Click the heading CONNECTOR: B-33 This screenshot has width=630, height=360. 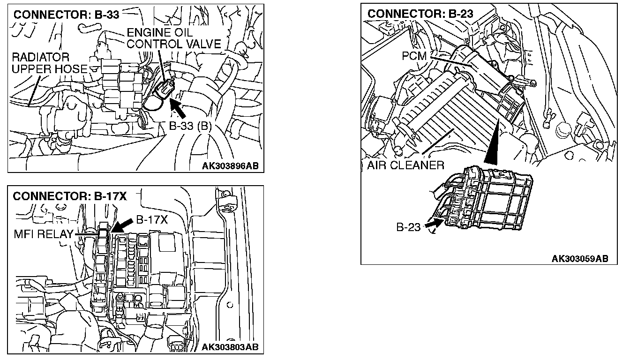66,14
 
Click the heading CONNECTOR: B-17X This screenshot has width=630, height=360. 70,196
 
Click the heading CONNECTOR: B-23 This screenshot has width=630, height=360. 420,14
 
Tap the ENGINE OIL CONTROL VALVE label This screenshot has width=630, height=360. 173,38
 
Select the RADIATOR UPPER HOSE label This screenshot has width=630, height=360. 49,63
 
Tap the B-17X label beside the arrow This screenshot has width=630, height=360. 152,220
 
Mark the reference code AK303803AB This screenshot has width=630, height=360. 230,347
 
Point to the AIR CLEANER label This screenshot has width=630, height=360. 405,165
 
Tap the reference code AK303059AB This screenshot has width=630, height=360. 580,258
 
